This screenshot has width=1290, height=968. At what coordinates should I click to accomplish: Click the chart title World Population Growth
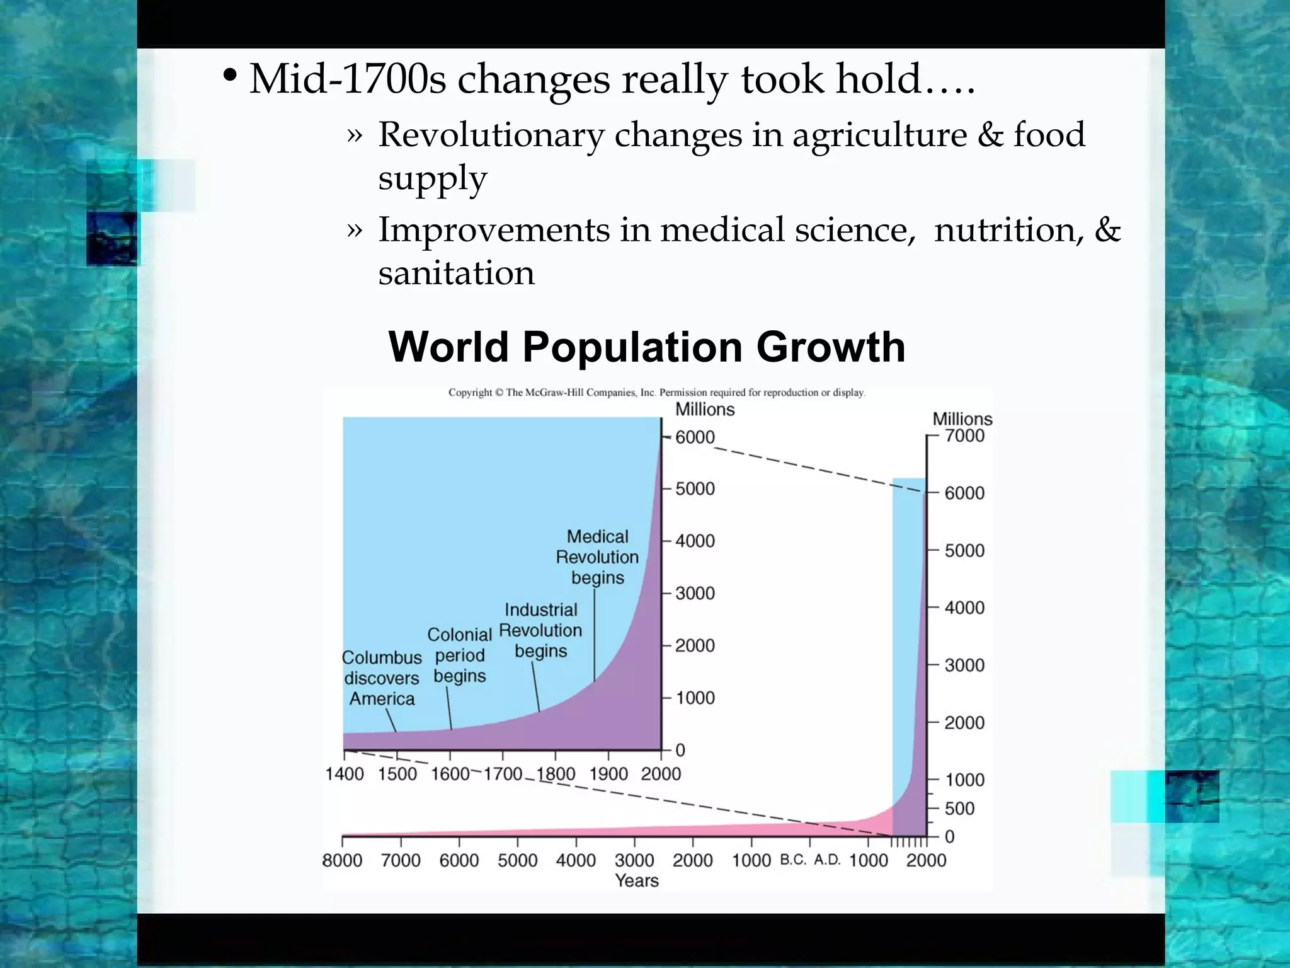tap(647, 347)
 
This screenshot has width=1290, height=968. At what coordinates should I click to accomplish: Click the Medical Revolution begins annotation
tap(596, 557)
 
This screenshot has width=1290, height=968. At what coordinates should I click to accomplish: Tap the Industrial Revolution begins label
tap(540, 630)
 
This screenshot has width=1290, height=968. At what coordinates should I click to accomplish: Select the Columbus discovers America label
tap(382, 678)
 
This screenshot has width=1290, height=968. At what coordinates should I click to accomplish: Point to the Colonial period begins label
tap(460, 655)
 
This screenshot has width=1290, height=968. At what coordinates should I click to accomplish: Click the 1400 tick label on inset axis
tap(344, 774)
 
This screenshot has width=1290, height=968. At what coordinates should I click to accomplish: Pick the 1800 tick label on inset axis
tap(556, 774)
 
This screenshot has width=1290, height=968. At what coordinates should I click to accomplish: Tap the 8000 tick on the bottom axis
tap(342, 860)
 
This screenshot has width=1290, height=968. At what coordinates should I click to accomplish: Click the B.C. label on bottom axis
tap(793, 860)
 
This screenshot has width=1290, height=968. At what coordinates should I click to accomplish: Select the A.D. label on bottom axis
tap(827, 860)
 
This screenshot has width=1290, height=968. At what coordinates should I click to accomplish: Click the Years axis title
tap(636, 880)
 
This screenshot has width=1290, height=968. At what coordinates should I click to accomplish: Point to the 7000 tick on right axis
tap(964, 435)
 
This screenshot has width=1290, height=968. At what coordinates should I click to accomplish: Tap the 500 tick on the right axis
tap(959, 808)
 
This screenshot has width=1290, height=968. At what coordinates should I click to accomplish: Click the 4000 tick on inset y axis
tap(695, 541)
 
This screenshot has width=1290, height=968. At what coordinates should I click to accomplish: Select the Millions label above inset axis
tap(705, 410)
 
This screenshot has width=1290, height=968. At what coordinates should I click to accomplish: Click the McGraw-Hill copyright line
tap(656, 393)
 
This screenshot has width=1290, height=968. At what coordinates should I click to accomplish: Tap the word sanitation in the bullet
tap(456, 273)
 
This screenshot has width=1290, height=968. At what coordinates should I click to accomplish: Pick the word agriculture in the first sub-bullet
tap(879, 135)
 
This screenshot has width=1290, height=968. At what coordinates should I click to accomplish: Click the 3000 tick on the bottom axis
tap(634, 860)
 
